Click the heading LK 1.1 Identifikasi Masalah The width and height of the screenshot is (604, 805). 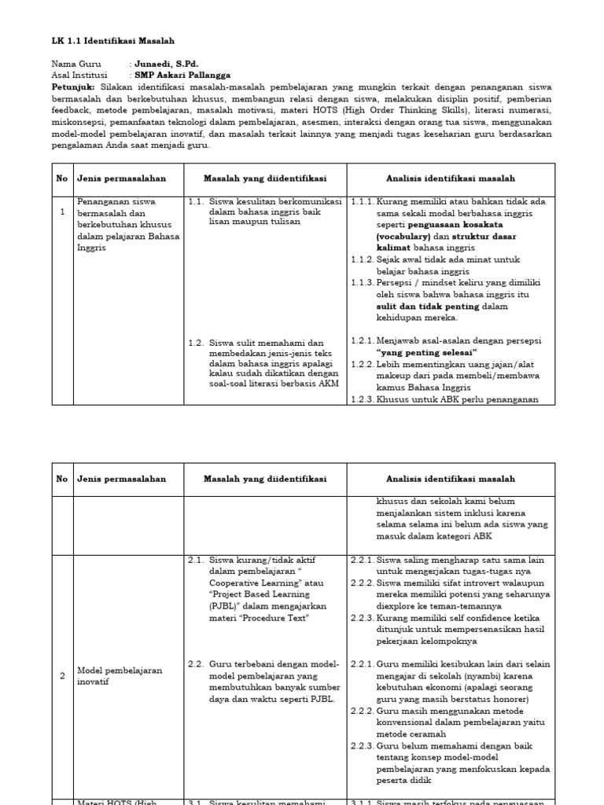[113, 40]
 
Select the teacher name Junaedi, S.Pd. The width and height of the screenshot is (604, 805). [167, 64]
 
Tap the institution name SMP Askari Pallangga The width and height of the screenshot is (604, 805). [182, 75]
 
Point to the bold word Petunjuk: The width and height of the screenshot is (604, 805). [73, 87]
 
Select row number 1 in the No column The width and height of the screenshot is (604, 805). [62, 212]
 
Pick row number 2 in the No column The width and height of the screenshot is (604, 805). [62, 676]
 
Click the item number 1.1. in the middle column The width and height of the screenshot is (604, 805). [196, 201]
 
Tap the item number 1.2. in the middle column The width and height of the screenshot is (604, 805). [196, 343]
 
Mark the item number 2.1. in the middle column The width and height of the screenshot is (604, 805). [196, 560]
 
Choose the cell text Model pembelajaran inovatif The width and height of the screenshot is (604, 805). [120, 676]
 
